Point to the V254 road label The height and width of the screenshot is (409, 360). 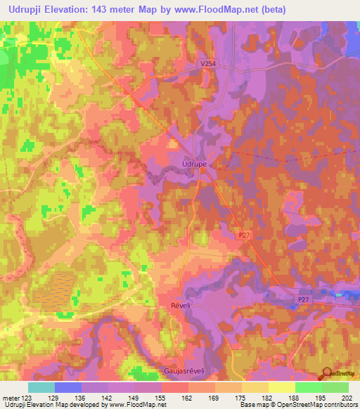(x=207, y=63)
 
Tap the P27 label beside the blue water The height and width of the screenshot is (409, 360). (x=302, y=299)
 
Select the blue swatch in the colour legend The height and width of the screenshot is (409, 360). (x=68, y=387)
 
